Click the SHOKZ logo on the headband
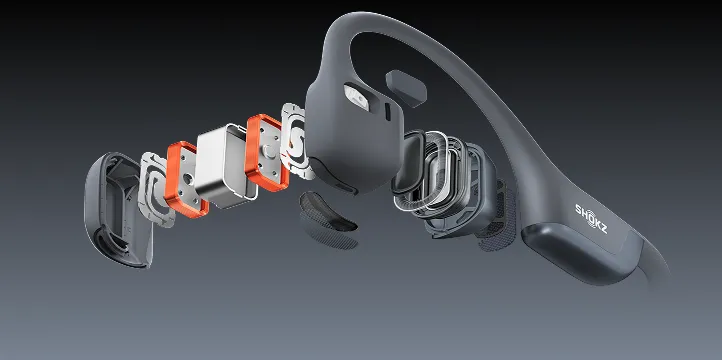(x=591, y=219)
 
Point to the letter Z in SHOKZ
(x=603, y=228)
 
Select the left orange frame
(x=186, y=180)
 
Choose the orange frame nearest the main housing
(x=267, y=152)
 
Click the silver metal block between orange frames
(x=225, y=166)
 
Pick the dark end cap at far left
(x=118, y=210)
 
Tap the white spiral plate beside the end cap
(x=156, y=190)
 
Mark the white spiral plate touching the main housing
(x=297, y=141)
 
